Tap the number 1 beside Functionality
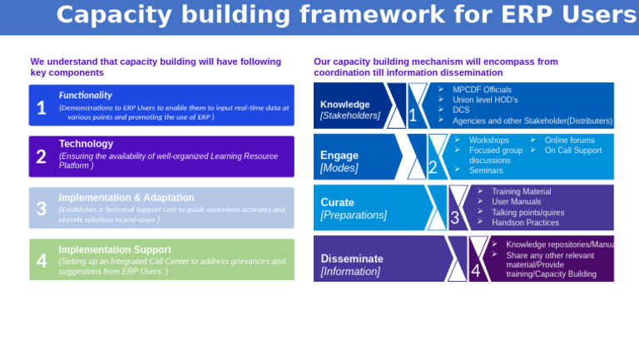tap(42, 108)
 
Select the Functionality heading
tap(85, 95)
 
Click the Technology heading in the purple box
tap(86, 144)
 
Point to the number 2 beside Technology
tap(42, 157)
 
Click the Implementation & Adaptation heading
tap(126, 198)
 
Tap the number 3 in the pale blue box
tap(42, 209)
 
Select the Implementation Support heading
tap(115, 249)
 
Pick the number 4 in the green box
tap(42, 261)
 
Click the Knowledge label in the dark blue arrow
tap(344, 105)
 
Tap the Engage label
tap(339, 155)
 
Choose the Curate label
tap(337, 202)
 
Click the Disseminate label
tap(352, 259)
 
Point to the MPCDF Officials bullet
tap(482, 90)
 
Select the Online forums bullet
tap(569, 141)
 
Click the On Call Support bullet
tap(572, 150)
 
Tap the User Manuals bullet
tap(516, 201)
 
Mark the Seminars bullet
tap(486, 170)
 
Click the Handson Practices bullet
tap(525, 222)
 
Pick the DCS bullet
tap(461, 110)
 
